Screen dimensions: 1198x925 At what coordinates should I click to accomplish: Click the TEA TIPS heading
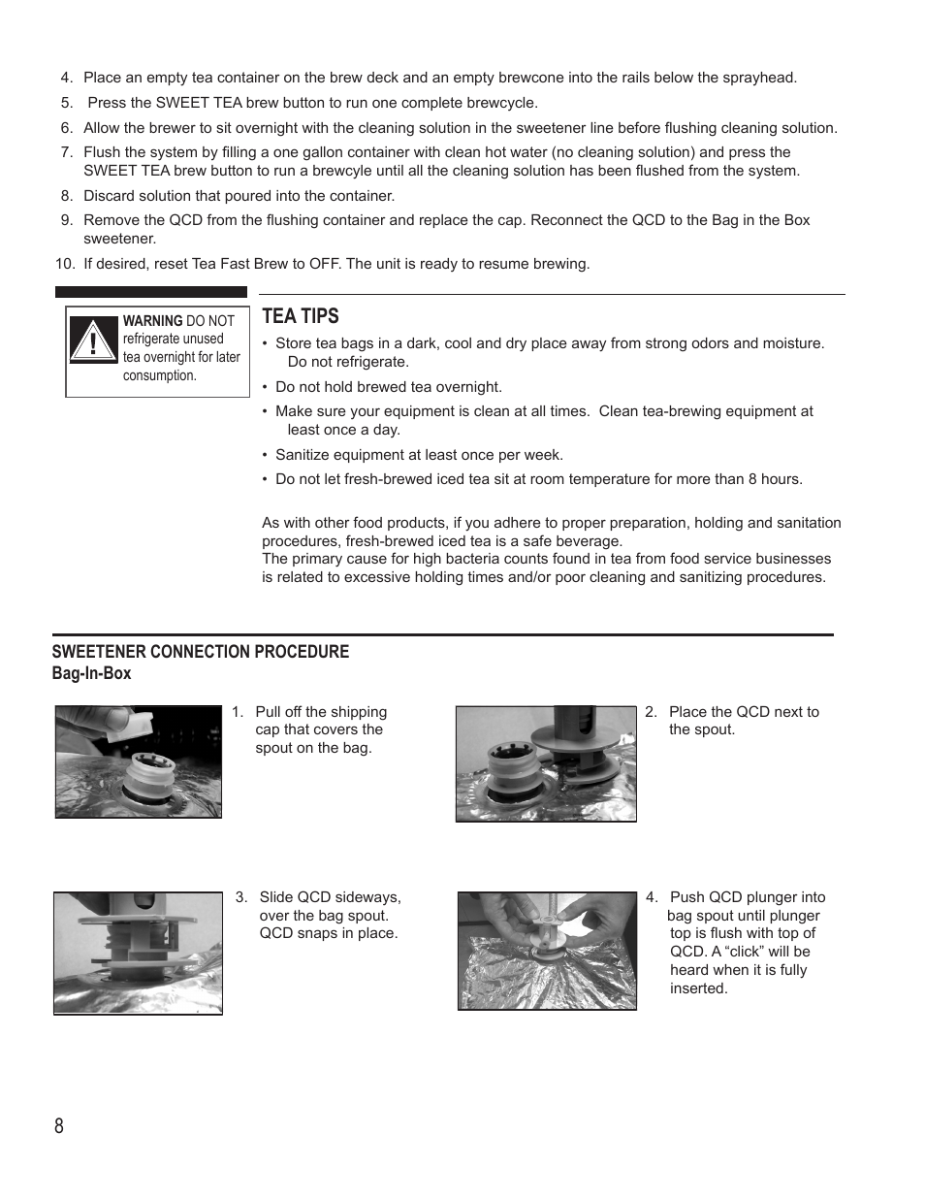301,316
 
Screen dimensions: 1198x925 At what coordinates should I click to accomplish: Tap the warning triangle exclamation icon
93,340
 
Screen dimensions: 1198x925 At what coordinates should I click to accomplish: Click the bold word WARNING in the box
152,321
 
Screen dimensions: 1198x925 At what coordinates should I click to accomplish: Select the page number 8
59,1125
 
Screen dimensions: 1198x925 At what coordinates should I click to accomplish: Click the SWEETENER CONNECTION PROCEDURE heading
200,652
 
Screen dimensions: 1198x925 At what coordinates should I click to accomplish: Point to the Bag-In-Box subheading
91,673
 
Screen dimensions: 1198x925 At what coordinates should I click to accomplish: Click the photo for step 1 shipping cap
139,761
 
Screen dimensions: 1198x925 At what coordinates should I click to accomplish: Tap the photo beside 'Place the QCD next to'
546,763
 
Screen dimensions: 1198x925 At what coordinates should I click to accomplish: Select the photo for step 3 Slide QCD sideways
138,954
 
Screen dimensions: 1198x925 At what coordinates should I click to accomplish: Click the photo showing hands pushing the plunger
547,951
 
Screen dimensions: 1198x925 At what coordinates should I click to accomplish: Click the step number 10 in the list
64,264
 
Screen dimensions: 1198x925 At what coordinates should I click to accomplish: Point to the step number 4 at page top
66,78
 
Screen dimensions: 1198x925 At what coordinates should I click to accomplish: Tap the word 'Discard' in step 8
110,196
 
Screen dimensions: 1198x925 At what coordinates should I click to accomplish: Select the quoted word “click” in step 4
741,952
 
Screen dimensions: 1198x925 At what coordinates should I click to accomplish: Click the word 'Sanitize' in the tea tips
304,455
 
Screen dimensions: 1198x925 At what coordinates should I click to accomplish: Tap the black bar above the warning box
151,292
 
